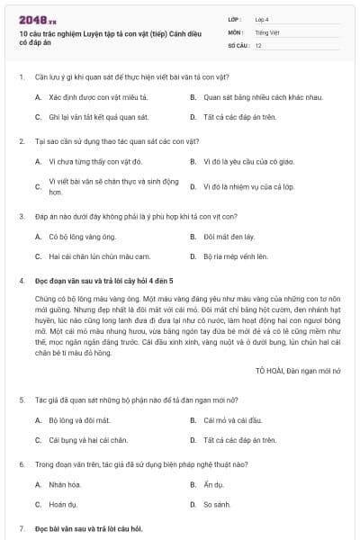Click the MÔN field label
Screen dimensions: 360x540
[236, 31]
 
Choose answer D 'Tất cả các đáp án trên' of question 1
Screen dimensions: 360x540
[238, 116]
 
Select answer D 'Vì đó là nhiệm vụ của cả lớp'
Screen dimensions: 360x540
[247, 186]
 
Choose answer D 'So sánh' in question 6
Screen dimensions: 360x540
[217, 504]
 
